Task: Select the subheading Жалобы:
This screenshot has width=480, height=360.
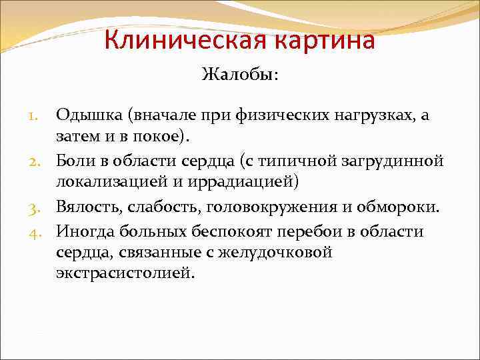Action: tap(240, 75)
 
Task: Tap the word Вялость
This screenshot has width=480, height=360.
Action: tap(85, 207)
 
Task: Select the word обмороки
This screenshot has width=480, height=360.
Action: tap(402, 207)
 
